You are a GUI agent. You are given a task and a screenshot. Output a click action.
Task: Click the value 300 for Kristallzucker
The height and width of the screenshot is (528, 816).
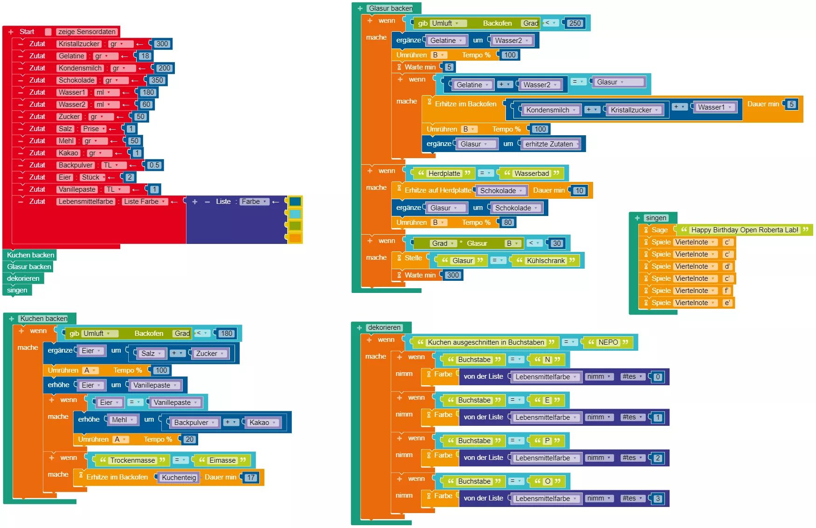162,44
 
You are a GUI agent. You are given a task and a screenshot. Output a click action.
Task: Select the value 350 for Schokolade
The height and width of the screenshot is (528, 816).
157,80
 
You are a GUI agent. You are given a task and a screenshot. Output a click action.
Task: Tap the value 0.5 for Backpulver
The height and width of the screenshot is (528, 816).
154,165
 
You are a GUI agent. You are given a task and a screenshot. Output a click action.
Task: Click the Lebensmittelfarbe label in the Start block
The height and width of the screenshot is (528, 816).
86,201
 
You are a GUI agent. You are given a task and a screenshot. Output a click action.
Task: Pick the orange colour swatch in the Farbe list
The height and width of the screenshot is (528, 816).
295,238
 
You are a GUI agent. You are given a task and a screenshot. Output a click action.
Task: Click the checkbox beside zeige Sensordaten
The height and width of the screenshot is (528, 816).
48,32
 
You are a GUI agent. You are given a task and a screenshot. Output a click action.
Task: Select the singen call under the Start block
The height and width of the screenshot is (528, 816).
17,290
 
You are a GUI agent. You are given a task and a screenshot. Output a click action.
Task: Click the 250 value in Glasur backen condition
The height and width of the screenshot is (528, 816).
575,23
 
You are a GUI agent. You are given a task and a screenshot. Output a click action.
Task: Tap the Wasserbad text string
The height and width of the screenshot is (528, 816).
532,174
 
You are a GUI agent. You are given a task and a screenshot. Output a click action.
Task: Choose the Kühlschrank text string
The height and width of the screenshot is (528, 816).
546,261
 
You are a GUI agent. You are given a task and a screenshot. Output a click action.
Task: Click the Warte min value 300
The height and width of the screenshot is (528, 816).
453,275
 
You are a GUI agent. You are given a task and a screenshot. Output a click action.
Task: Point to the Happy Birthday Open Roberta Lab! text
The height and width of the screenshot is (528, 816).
745,230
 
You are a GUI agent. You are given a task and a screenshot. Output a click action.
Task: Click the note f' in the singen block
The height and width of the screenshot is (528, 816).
726,291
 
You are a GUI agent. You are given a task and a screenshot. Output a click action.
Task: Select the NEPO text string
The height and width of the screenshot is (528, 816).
608,342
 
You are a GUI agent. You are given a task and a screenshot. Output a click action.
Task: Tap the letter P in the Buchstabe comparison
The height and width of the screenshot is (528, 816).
547,441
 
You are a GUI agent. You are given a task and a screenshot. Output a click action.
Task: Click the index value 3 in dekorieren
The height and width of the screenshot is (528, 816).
657,499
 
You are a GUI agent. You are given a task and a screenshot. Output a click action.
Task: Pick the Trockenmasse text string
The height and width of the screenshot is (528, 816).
132,460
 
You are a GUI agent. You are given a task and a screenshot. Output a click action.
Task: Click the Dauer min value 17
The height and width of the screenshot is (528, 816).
251,478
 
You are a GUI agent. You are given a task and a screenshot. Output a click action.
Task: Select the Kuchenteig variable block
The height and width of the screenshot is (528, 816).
179,478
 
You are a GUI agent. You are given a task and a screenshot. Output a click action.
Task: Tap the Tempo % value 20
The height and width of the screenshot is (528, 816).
189,439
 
